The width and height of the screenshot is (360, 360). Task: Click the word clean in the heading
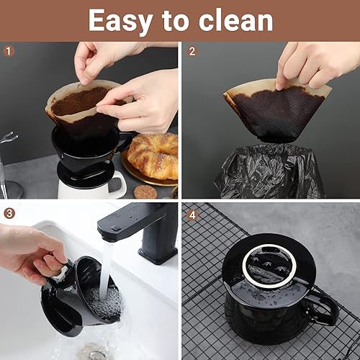pos(235,20)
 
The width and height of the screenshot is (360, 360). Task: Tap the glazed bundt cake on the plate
pos(153,153)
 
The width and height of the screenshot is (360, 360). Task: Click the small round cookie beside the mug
pos(145,192)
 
